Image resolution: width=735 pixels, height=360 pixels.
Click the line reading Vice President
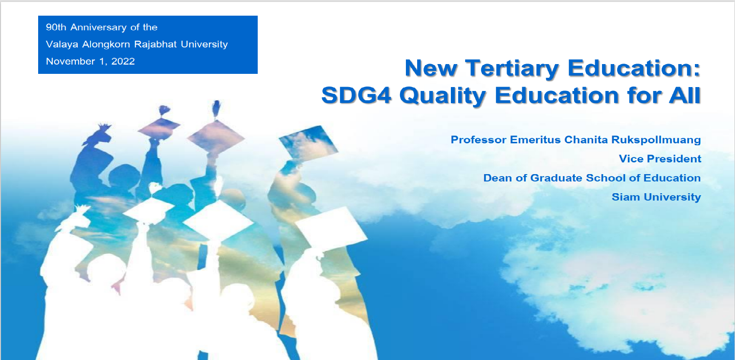point(660,159)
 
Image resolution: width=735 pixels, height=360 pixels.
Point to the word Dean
point(495,178)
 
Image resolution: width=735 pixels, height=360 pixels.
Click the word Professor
point(478,140)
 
